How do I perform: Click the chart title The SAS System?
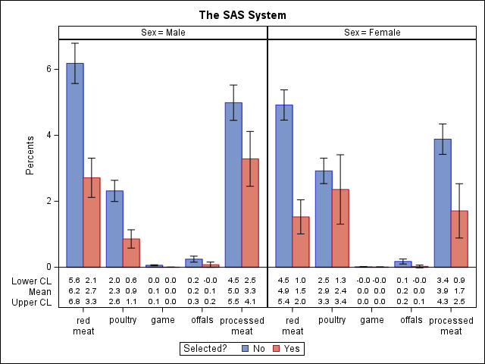click(x=242, y=15)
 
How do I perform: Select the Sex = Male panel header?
click(x=163, y=33)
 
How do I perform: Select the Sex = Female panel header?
click(x=372, y=33)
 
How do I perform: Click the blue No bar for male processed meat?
click(x=233, y=185)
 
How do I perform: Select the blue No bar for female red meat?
click(x=284, y=186)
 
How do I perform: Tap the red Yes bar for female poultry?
click(x=340, y=228)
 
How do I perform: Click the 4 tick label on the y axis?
click(x=48, y=135)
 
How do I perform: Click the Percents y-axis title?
click(x=30, y=155)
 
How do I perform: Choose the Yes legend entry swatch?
click(x=278, y=349)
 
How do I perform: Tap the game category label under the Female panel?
click(x=372, y=321)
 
